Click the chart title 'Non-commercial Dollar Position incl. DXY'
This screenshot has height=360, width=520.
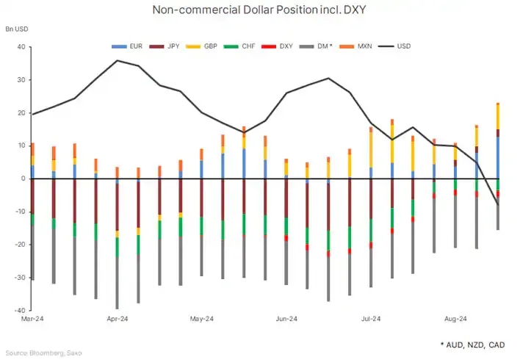point(259,10)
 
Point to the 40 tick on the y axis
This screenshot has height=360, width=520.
point(20,47)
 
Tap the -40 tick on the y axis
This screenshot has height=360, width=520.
point(18,310)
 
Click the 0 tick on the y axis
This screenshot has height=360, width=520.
point(23,179)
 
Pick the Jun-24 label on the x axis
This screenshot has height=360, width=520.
point(286,320)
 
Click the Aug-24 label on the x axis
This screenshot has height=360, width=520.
point(455,320)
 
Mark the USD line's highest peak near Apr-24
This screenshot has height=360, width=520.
point(118,60)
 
